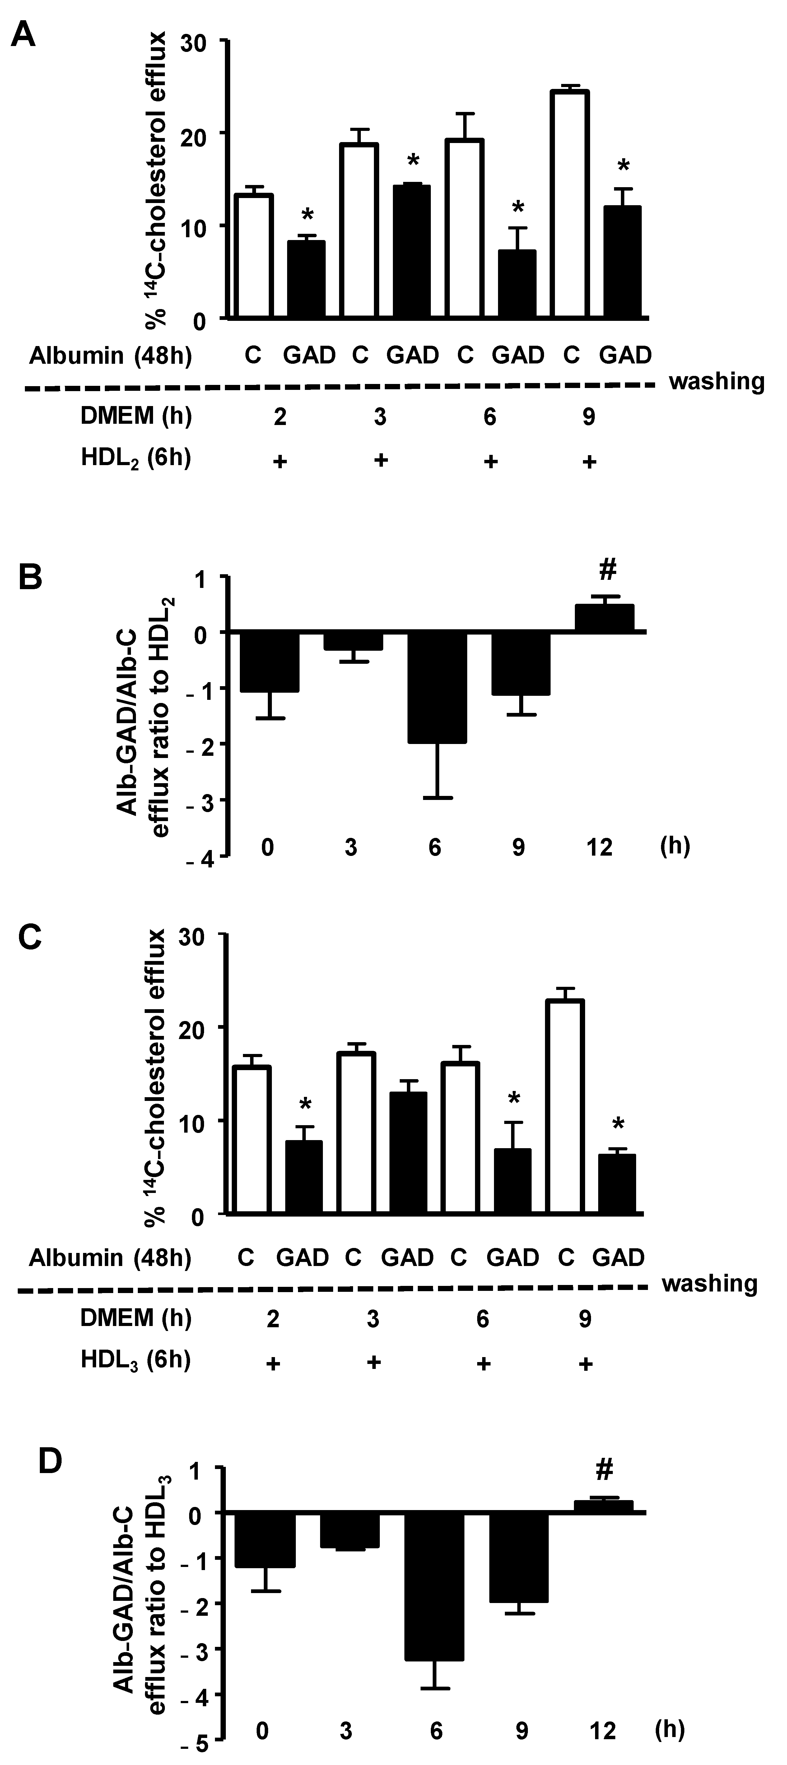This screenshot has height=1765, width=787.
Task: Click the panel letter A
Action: tap(25, 33)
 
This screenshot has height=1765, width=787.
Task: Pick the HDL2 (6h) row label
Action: tap(136, 458)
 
